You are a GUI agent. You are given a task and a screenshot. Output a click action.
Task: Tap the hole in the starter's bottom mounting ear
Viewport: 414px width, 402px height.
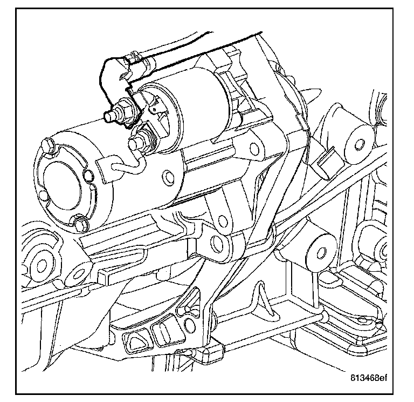click(219, 242)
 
